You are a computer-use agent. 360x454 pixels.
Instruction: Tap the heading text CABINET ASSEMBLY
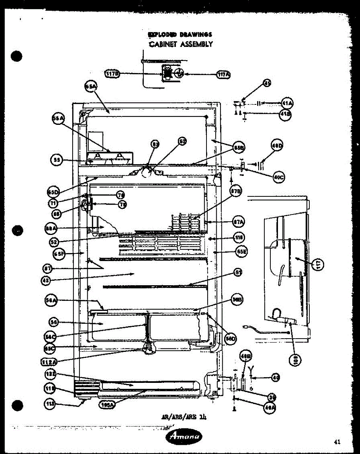click(x=180, y=44)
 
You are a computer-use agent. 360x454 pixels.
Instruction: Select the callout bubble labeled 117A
click(x=223, y=75)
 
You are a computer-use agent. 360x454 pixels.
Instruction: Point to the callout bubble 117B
click(x=112, y=74)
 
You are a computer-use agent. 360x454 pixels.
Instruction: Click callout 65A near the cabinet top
click(x=91, y=87)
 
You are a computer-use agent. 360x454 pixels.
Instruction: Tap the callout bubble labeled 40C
click(x=279, y=177)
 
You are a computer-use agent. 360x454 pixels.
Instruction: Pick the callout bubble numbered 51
click(x=238, y=272)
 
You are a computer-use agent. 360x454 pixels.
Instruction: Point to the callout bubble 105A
click(x=108, y=405)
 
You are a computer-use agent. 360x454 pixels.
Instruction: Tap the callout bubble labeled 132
click(x=51, y=375)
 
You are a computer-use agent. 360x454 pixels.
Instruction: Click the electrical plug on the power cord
click(x=246, y=327)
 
